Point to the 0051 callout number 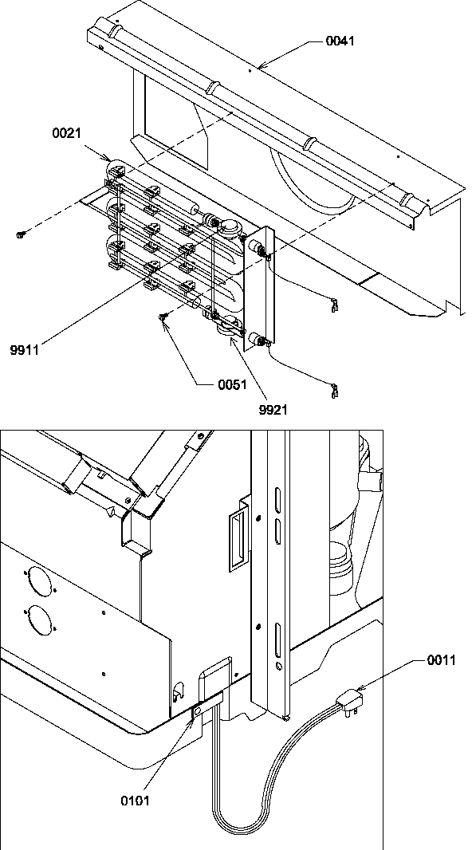coord(231,384)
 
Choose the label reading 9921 coord(273,410)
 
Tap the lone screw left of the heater coord(20,233)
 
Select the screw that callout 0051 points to coord(164,318)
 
